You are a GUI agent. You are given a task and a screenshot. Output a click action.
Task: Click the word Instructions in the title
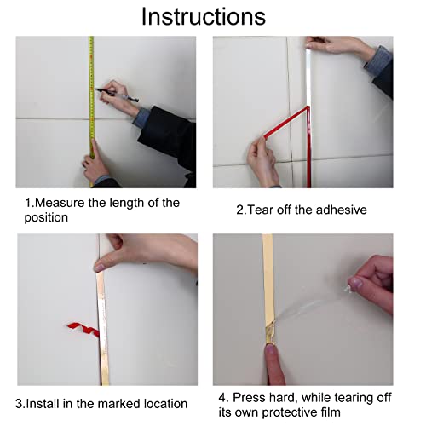pos(204,17)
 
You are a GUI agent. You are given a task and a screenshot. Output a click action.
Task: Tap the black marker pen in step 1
pos(117,95)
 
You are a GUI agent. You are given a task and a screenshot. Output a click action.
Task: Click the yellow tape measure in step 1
pos(91,111)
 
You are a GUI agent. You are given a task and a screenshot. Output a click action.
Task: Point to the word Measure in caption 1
pos(60,203)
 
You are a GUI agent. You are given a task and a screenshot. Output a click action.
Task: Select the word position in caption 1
pos(46,218)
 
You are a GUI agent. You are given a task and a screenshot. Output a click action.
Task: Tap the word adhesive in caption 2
pos(341,210)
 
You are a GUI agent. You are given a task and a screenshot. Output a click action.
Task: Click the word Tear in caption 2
pos(261,210)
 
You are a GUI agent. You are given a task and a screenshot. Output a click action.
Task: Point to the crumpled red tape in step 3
pos(83,330)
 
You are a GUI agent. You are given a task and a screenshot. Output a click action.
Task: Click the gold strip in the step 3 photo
pos(102,326)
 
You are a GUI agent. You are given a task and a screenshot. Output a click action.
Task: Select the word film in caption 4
pos(331,412)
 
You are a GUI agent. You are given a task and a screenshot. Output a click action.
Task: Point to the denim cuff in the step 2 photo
pos(377,62)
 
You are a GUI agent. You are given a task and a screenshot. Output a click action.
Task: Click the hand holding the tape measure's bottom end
pos(95,164)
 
